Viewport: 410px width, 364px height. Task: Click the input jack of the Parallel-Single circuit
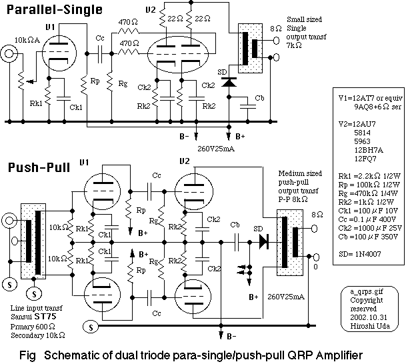(10, 54)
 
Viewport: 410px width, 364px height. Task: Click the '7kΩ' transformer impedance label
(295, 51)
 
